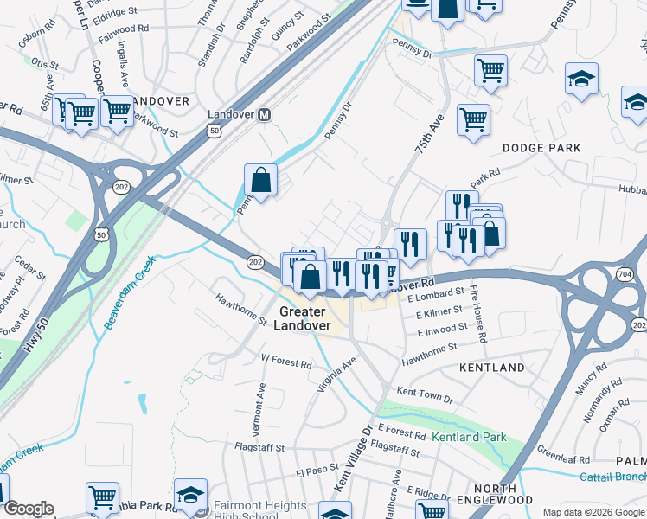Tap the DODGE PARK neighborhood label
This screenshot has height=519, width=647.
[541, 148]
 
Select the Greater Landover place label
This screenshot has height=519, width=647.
[301, 318]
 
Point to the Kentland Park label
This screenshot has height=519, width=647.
[470, 437]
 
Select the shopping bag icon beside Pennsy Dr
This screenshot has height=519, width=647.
[260, 180]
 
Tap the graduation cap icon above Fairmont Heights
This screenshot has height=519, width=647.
[190, 495]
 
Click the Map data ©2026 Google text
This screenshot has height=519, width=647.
[593, 511]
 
